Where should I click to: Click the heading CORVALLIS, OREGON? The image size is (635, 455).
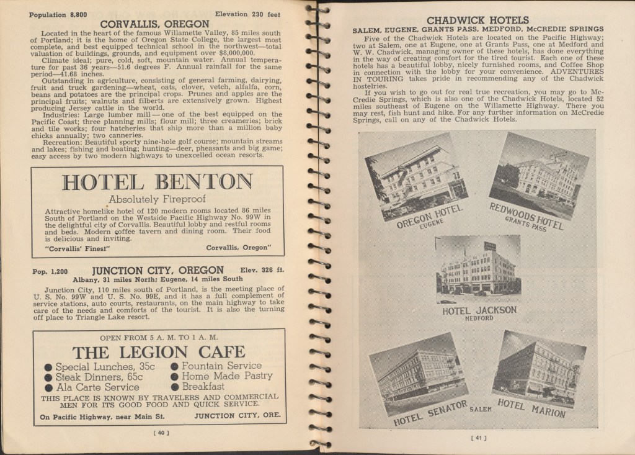click(154, 24)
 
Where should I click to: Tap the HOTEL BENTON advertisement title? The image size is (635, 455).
click(158, 182)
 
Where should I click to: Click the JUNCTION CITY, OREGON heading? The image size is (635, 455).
click(158, 271)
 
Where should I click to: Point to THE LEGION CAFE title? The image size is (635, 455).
click(158, 352)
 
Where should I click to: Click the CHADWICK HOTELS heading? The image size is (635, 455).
click(477, 20)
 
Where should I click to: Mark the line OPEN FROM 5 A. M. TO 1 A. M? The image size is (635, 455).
click(158, 337)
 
